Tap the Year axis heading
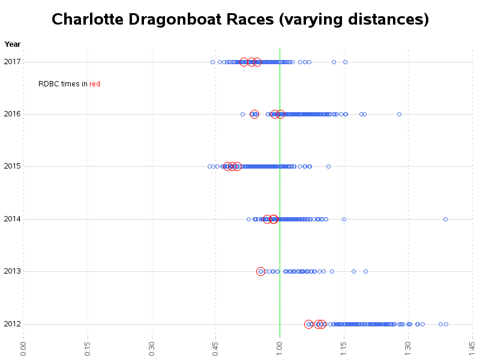(x=13, y=44)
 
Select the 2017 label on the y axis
(x=12, y=61)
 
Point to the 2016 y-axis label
(x=12, y=114)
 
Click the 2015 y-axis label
(x=12, y=166)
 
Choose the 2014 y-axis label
(x=12, y=219)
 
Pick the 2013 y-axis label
(x=12, y=271)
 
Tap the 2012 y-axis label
(x=12, y=324)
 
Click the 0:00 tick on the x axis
(x=23, y=348)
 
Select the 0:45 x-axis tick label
(x=215, y=348)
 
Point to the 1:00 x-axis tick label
(x=280, y=348)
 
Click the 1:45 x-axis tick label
(x=472, y=348)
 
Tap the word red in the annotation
(x=95, y=84)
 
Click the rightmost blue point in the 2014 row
(x=445, y=219)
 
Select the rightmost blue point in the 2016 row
(x=399, y=114)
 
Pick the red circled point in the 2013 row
(x=260, y=271)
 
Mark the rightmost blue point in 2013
(x=365, y=271)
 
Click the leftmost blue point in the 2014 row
(x=248, y=219)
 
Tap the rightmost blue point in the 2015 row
(x=328, y=166)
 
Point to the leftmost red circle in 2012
(x=308, y=324)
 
